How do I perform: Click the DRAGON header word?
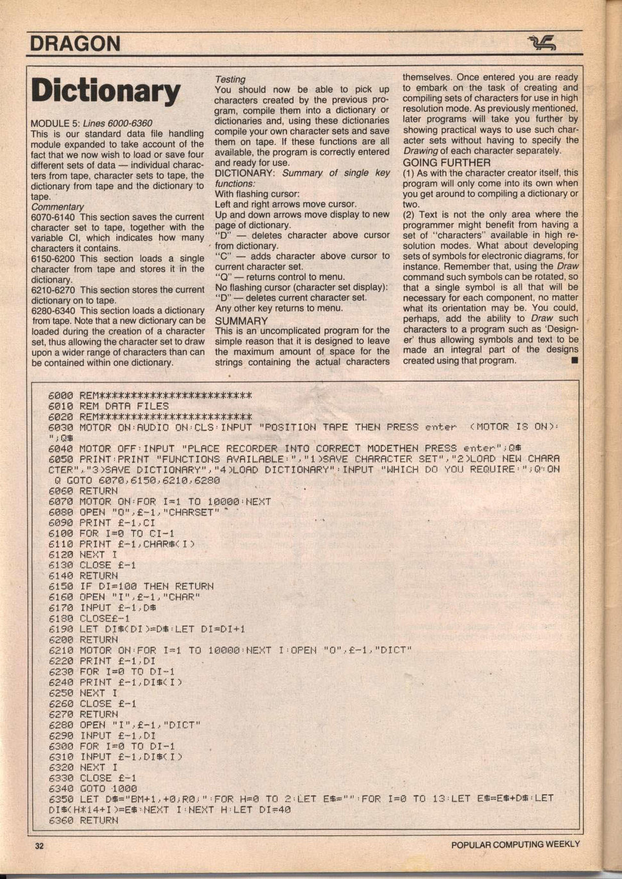(75, 44)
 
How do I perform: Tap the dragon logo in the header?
(541, 44)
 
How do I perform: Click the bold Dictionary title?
(106, 92)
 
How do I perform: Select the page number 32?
(40, 846)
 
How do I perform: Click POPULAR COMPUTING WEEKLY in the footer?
(515, 844)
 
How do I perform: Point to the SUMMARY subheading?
(241, 321)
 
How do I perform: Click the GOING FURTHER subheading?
(446, 162)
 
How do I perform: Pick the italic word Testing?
(230, 79)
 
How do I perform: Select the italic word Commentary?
(57, 207)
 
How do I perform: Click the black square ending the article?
(574, 361)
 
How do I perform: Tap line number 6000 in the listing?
(61, 396)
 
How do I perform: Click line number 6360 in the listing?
(61, 820)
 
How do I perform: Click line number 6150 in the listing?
(61, 586)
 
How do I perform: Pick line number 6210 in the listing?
(61, 650)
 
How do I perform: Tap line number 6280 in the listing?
(61, 724)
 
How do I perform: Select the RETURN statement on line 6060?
(99, 490)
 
